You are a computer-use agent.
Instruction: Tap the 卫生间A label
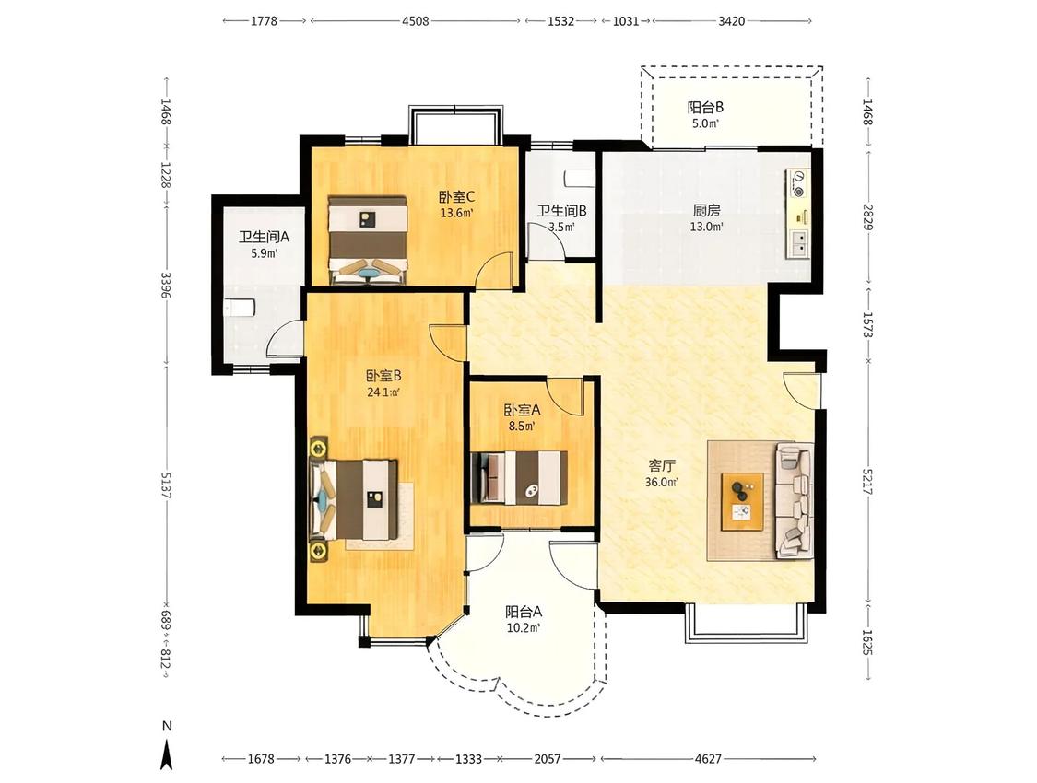click(264, 237)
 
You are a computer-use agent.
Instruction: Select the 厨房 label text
click(706, 211)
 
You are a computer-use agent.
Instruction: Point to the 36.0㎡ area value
click(662, 483)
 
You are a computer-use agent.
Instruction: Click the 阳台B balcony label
click(706, 107)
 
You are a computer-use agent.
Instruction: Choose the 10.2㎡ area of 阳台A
click(524, 627)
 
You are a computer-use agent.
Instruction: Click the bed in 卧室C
click(368, 240)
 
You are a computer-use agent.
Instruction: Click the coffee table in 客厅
click(742, 501)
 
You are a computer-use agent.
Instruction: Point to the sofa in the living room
click(795, 501)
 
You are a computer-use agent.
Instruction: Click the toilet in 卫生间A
click(240, 309)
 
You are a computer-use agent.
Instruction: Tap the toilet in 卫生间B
click(580, 179)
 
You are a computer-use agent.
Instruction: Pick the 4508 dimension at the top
click(416, 21)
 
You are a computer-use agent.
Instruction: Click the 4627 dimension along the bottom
click(708, 759)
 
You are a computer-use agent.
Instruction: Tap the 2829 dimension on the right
click(867, 216)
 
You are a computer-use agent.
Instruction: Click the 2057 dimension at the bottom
click(548, 759)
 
